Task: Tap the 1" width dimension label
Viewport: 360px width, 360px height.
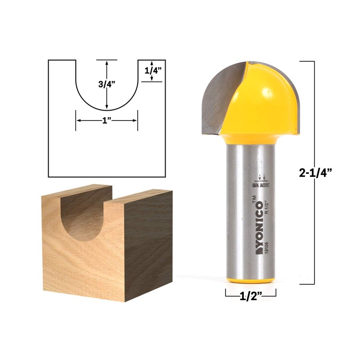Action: click(x=106, y=121)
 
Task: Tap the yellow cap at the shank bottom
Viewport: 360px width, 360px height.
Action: click(x=250, y=279)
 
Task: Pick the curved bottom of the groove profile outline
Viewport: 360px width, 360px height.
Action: click(x=106, y=110)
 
